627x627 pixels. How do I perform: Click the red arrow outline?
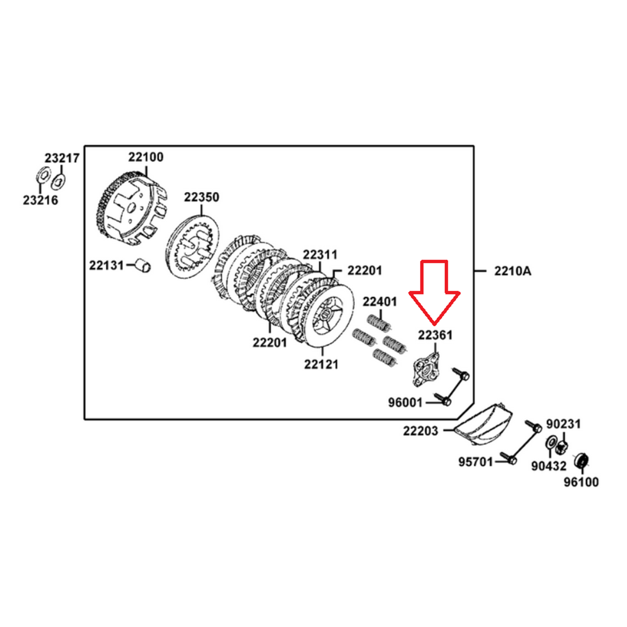click(x=434, y=293)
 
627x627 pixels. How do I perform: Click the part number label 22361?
click(x=435, y=335)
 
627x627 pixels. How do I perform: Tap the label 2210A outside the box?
click(x=512, y=271)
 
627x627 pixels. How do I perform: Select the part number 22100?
click(x=145, y=157)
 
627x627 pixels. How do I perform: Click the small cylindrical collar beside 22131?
click(x=143, y=265)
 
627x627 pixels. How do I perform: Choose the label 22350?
click(x=201, y=197)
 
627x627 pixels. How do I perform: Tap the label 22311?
click(x=320, y=255)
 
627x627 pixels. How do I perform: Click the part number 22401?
click(x=380, y=301)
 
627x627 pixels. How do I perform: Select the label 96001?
click(x=405, y=403)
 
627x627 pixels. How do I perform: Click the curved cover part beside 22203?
click(x=484, y=424)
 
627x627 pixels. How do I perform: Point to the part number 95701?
click(x=476, y=462)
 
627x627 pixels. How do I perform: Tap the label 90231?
click(x=563, y=424)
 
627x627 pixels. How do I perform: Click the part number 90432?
click(x=548, y=466)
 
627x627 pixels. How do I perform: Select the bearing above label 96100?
click(x=582, y=461)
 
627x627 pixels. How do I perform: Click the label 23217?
click(x=62, y=158)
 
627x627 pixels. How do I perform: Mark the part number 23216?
click(x=40, y=200)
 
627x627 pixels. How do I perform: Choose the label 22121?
click(x=321, y=364)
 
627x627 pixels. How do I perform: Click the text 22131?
click(x=106, y=265)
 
